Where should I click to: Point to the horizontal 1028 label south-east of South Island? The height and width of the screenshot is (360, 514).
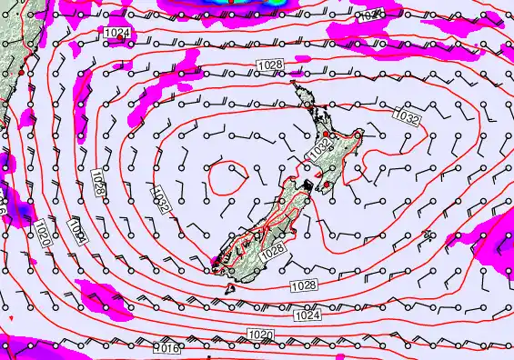(305, 286)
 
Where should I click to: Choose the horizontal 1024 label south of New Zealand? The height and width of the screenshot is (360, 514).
(308, 315)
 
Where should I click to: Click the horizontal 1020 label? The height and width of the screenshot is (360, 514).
(260, 335)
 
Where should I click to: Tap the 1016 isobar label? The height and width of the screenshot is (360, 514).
(166, 348)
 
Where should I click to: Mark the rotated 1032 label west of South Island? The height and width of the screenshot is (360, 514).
(161, 198)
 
